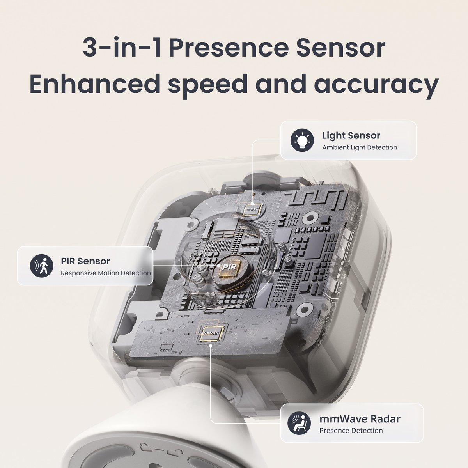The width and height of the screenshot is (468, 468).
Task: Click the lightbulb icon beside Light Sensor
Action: click(303, 140)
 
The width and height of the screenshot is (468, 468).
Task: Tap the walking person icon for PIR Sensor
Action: click(41, 265)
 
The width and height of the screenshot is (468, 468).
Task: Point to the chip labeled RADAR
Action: click(211, 333)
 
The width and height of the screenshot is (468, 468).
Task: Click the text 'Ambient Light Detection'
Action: click(360, 147)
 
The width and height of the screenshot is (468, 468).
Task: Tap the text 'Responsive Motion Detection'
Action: click(106, 273)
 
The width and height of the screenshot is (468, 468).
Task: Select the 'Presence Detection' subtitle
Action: click(351, 431)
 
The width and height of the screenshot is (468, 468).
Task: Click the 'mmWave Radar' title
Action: click(360, 419)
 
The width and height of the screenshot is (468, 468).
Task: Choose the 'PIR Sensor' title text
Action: click(85, 261)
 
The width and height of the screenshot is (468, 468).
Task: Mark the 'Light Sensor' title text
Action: click(351, 136)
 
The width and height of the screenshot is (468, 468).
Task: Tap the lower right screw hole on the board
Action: click(305, 310)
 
